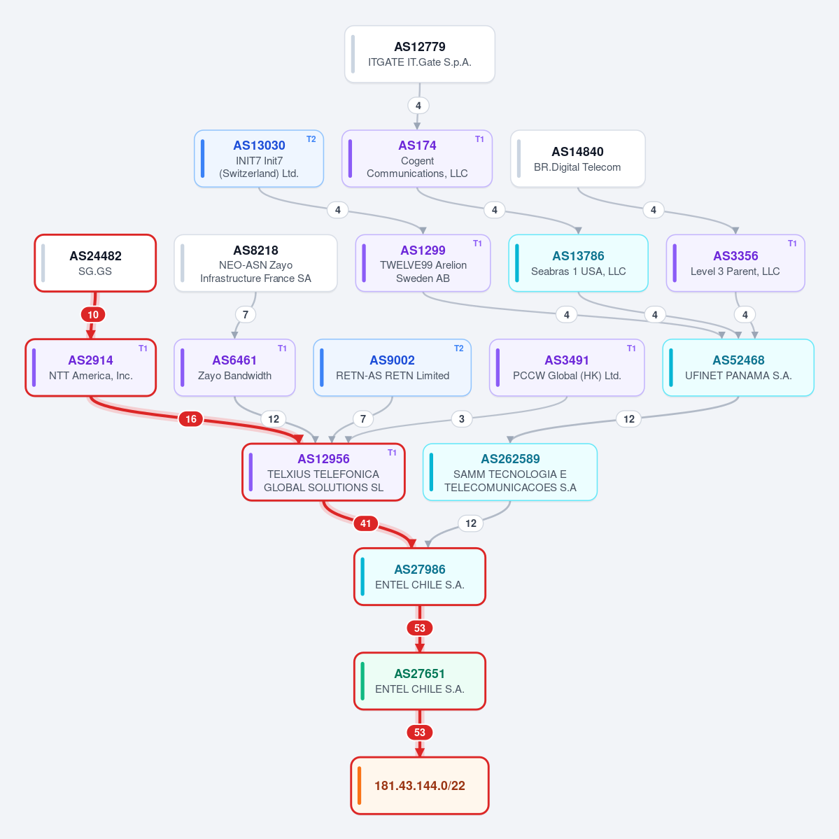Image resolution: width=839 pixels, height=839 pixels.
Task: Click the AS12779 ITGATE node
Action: coord(420,54)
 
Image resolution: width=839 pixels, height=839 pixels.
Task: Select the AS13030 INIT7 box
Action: coord(259,158)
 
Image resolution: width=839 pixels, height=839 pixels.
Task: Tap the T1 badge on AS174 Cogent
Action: coord(479,139)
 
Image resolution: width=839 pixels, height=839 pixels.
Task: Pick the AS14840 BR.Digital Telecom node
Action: coord(578,158)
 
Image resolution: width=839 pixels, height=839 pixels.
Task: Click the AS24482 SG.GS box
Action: coord(95,263)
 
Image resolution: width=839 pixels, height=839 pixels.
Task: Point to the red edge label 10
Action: coord(93,315)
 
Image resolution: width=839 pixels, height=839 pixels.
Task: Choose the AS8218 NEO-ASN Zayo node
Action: coord(256,263)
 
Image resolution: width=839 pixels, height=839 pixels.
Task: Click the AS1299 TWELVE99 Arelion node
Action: coord(423,263)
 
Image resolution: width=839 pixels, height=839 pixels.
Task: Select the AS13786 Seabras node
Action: coord(579,263)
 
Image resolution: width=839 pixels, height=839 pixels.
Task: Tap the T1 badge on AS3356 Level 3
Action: coord(792,244)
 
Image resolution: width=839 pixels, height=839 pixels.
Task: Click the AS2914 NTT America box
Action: coord(91,367)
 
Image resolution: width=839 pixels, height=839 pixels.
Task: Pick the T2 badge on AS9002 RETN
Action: coord(458,348)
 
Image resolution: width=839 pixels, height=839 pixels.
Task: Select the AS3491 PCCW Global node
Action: coord(567,367)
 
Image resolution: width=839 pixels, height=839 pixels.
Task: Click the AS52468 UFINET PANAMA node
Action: coord(738,367)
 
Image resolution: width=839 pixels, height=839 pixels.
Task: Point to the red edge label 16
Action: coord(191,419)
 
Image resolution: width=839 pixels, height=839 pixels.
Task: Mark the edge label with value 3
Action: coord(462,419)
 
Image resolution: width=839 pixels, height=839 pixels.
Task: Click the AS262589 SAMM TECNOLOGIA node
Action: coord(510,472)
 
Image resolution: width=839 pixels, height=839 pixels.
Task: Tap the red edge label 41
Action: coord(366,523)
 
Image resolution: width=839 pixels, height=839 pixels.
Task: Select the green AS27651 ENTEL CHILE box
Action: coord(420,681)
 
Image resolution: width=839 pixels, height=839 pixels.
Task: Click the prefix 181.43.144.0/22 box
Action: coord(420,786)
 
